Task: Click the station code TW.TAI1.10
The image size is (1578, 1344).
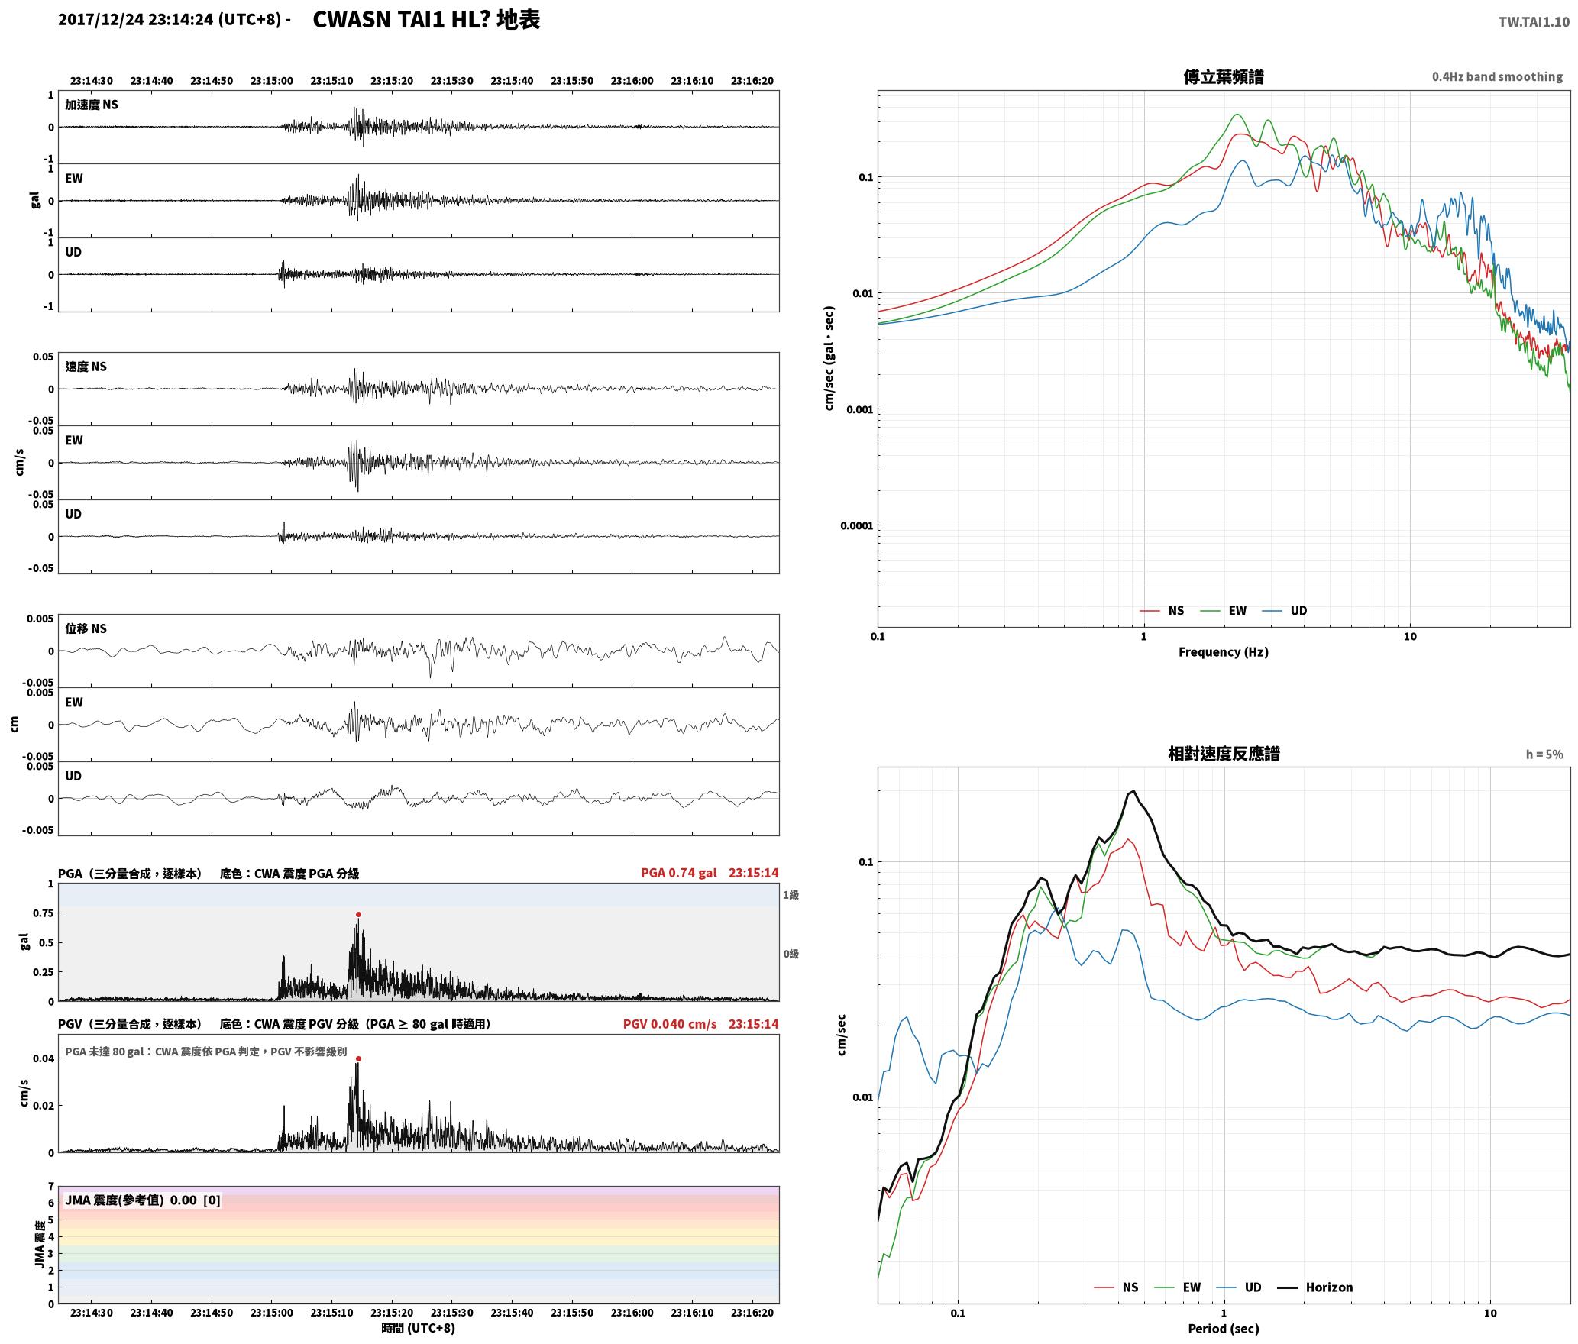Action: coord(1534,22)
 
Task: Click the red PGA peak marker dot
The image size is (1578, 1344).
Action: coord(358,914)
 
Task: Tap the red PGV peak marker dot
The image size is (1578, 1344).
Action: coord(358,1058)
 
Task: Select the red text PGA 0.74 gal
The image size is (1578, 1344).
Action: coord(678,873)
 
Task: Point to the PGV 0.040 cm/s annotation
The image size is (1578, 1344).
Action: coord(670,1024)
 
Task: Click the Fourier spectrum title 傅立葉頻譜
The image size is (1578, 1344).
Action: coord(1223,77)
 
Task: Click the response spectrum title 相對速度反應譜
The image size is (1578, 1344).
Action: coord(1224,754)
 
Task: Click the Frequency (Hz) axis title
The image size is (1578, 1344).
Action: coord(1223,652)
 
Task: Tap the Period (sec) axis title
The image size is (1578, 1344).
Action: coord(1223,1329)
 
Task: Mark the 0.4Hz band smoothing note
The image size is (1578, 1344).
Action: coord(1497,77)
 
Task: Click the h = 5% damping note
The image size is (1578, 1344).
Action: coord(1544,754)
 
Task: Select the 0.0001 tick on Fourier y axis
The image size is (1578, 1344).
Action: coord(856,525)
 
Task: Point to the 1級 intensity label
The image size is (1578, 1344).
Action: coord(791,895)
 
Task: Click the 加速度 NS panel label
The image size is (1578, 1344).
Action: coord(92,105)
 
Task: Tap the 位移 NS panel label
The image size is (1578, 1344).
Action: coord(86,628)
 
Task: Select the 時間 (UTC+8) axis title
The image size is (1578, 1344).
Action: coord(419,1328)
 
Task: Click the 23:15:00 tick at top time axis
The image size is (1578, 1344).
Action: coord(271,81)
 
